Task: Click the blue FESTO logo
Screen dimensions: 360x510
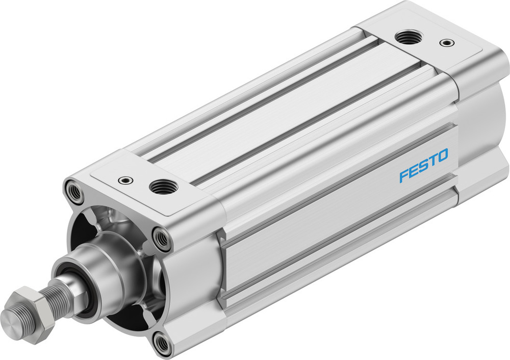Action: click(x=424, y=165)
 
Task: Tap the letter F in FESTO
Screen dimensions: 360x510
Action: click(x=404, y=176)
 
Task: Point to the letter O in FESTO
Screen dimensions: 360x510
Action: click(x=442, y=156)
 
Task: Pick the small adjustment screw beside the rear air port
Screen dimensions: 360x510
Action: click(x=447, y=42)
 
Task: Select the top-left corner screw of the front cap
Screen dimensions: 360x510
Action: click(x=74, y=192)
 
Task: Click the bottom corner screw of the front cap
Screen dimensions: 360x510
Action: click(x=163, y=344)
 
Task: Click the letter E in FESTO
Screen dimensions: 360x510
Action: click(x=414, y=171)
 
